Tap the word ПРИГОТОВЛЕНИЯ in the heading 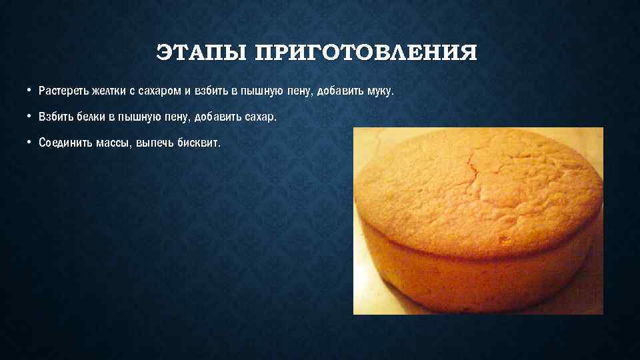367,53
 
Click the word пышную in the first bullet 261,90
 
